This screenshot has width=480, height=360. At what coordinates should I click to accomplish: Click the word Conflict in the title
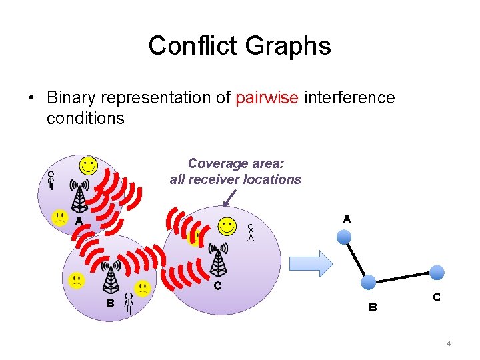pyautogui.click(x=193, y=46)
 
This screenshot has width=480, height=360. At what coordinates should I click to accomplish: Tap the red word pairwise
pyautogui.click(x=267, y=98)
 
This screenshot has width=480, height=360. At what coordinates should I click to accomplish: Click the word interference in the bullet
pyautogui.click(x=349, y=98)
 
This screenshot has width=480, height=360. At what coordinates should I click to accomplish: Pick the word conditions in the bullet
pyautogui.click(x=85, y=119)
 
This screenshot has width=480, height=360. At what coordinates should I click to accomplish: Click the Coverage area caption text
pyautogui.click(x=235, y=171)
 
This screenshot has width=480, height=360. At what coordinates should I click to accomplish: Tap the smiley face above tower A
pyautogui.click(x=88, y=165)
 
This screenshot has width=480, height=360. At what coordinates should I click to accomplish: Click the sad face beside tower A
pyautogui.click(x=60, y=218)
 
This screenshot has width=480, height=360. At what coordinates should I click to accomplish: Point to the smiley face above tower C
pyautogui.click(x=227, y=226)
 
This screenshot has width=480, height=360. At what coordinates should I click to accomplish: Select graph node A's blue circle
pyautogui.click(x=343, y=237)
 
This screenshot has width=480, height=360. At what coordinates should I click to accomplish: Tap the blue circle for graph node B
pyautogui.click(x=367, y=282)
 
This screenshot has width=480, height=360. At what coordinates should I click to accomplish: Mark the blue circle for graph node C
pyautogui.click(x=437, y=272)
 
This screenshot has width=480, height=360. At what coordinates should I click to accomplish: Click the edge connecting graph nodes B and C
pyautogui.click(x=402, y=277)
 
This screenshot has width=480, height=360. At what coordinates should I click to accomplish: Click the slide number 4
pyautogui.click(x=449, y=343)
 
